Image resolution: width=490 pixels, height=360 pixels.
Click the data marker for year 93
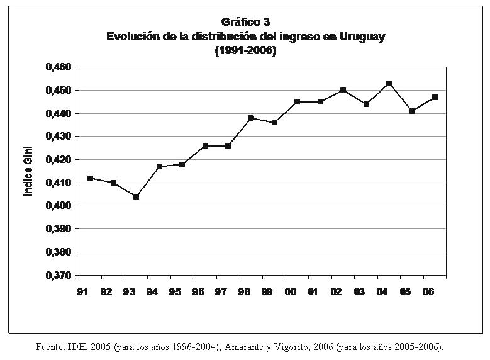[136, 196]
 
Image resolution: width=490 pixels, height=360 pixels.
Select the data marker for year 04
[389, 83]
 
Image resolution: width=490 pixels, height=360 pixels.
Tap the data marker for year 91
[90, 178]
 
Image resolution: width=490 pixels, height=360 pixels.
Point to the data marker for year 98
[251, 118]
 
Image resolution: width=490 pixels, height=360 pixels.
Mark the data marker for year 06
[435, 97]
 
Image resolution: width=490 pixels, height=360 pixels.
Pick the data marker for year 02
[343, 90]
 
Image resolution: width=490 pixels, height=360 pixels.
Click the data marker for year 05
[412, 111]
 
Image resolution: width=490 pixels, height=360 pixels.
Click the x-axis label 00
[291, 291]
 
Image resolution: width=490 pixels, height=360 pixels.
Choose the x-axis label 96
[198, 291]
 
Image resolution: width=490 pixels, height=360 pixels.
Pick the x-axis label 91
[83, 291]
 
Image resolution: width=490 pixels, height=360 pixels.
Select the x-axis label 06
[428, 291]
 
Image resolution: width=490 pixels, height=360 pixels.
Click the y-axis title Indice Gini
[28, 171]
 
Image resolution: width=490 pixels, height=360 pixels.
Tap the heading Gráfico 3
[245, 22]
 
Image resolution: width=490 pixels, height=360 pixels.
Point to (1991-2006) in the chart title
[245, 50]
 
